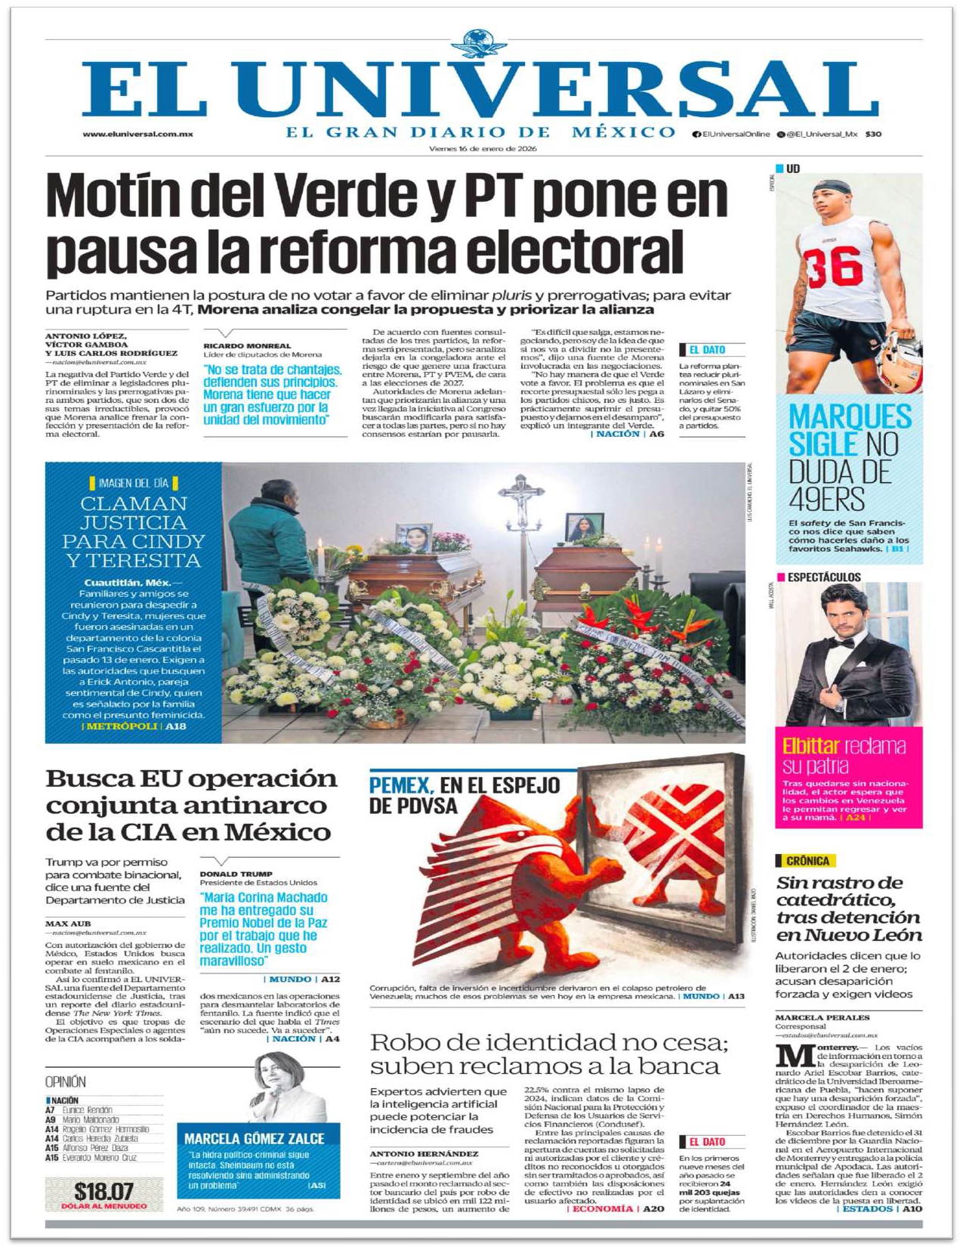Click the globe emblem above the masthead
coord(481,43)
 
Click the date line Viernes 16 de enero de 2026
coord(483,149)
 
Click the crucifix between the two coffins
coord(520,498)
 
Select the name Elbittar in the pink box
coord(810,746)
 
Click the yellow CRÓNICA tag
coord(807,861)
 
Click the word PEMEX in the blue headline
coord(400,785)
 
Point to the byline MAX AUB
coord(68,924)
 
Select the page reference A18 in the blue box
coord(175,726)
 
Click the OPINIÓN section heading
coord(66,1081)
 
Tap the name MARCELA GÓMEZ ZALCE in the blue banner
coord(255,1138)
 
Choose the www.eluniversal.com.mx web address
coord(137,135)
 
